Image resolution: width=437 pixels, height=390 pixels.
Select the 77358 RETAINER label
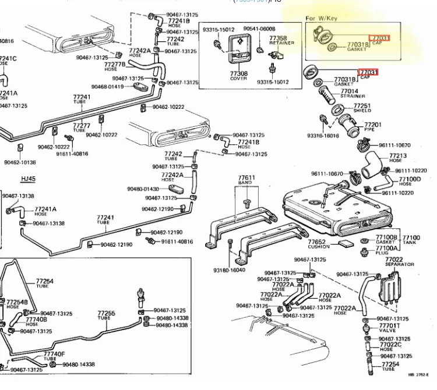[278, 40]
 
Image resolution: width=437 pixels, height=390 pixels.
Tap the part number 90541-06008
[259, 28]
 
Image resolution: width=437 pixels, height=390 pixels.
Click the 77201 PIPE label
[372, 127]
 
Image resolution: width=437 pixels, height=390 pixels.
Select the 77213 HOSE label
[398, 158]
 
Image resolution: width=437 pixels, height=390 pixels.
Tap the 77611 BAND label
[246, 180]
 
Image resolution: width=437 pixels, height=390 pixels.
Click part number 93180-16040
[230, 270]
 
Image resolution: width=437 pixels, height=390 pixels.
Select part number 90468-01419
[108, 87]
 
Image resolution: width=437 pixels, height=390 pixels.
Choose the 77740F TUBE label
[54, 356]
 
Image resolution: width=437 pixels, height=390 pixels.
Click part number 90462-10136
[20, 162]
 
